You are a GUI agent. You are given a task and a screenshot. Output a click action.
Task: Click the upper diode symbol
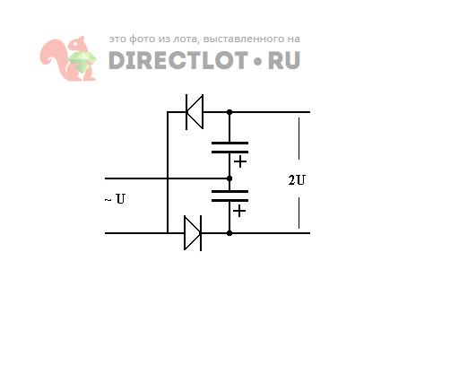(195, 112)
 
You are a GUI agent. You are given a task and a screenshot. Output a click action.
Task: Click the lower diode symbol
(193, 233)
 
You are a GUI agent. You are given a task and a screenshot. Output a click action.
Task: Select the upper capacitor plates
(229, 147)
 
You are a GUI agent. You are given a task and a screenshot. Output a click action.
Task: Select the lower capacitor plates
(229, 196)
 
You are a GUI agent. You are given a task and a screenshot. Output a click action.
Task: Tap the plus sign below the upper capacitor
(240, 162)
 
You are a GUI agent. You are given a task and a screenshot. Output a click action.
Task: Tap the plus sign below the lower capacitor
(239, 211)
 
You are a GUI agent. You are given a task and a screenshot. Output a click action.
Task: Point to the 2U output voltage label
(297, 180)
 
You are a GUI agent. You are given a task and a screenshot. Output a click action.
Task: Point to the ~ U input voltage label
(115, 199)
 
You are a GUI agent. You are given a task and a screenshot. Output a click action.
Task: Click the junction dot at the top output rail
(229, 112)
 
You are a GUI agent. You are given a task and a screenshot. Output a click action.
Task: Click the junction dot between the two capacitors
(229, 178)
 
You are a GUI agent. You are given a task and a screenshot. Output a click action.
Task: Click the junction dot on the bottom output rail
(229, 233)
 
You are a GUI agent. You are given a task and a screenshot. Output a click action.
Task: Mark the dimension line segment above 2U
(299, 138)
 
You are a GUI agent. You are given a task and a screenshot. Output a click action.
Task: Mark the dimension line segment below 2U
(299, 213)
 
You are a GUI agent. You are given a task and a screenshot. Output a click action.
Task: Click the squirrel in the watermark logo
(68, 58)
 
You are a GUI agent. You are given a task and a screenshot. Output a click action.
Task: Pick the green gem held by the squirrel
(82, 61)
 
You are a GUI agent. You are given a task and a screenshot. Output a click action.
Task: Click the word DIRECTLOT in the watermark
(178, 60)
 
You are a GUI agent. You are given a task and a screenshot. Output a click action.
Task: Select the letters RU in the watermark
(284, 60)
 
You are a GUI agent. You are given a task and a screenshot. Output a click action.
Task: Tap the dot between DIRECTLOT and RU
(258, 61)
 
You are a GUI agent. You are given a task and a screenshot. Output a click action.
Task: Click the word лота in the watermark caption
(186, 39)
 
